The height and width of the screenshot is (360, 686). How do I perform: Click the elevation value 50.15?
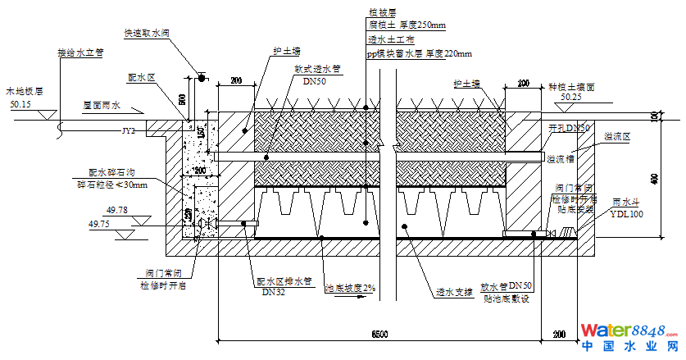coord(20,105)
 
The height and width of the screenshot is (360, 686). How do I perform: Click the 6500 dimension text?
coord(379,335)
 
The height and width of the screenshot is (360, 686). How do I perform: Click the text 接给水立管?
coord(79,52)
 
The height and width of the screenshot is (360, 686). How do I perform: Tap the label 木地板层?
coord(23,93)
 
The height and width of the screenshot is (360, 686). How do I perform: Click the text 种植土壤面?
coord(572,85)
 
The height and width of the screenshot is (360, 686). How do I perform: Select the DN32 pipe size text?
coord(272,291)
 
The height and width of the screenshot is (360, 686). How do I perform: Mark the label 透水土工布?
coord(393,39)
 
